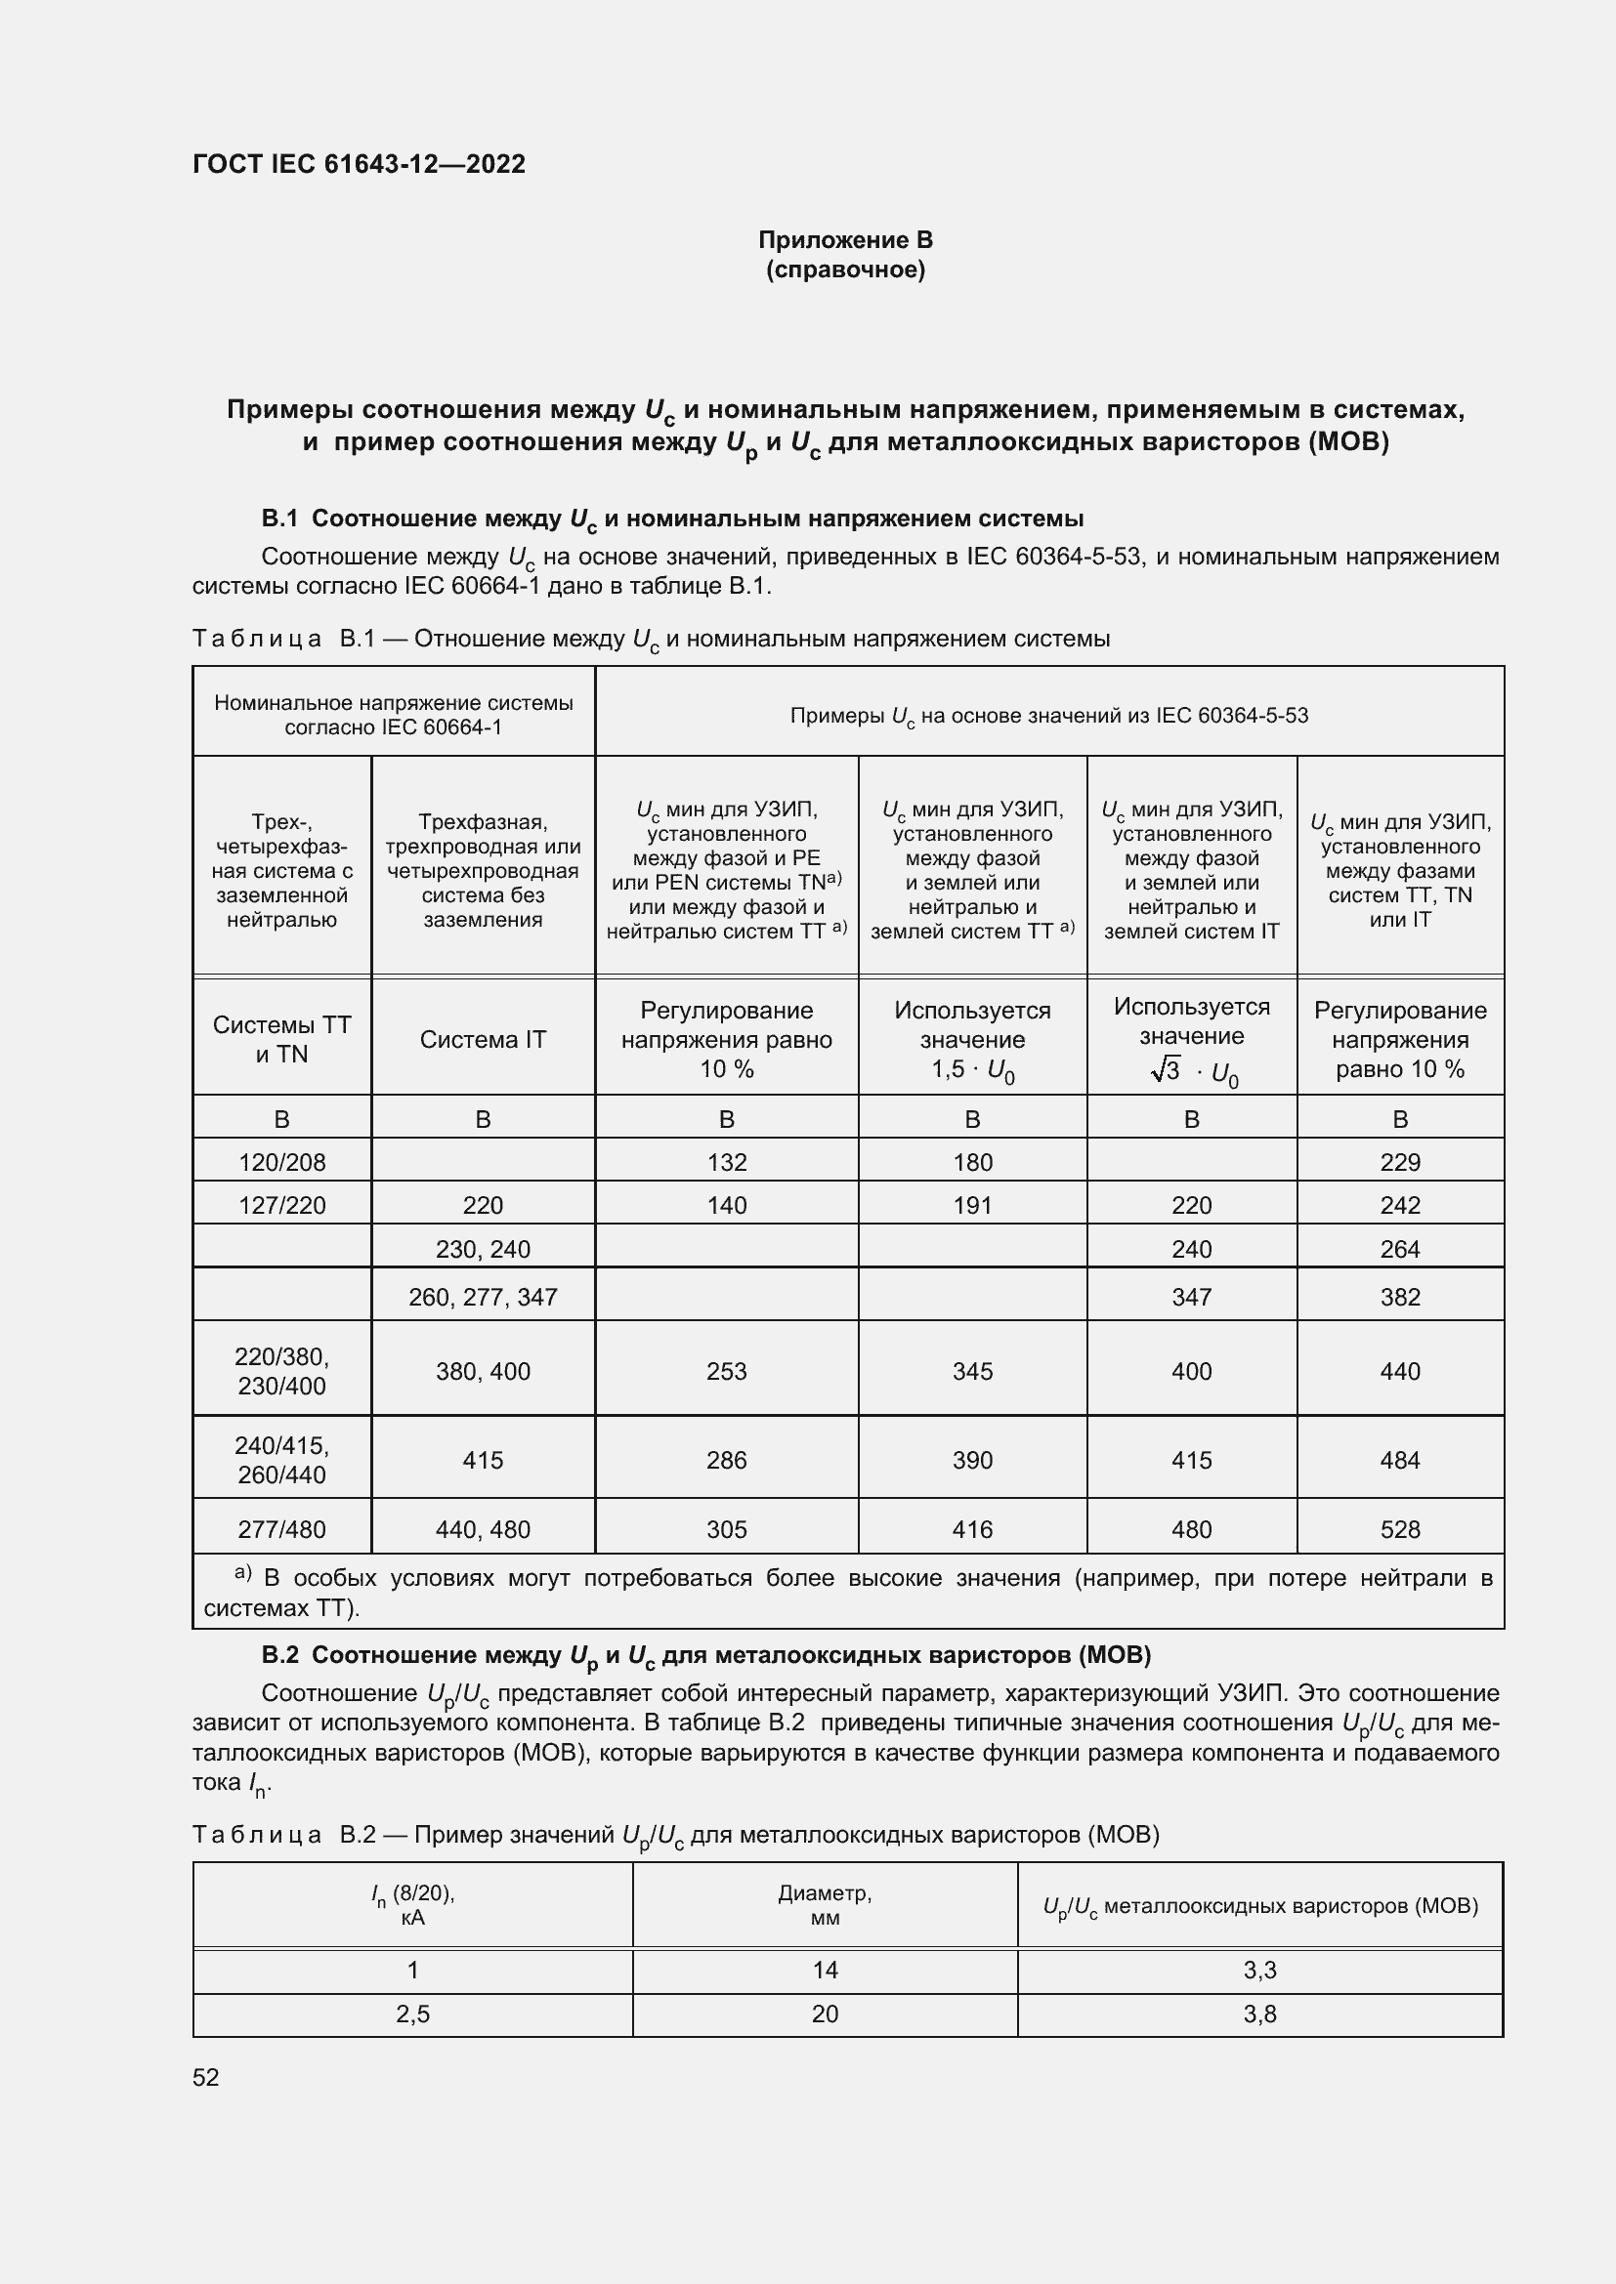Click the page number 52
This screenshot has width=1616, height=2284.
click(206, 2078)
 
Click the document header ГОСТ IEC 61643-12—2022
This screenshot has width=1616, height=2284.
click(359, 164)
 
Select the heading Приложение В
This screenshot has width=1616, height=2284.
click(845, 240)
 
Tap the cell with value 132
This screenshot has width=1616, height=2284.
click(726, 1162)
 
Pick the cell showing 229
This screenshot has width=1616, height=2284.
click(1399, 1162)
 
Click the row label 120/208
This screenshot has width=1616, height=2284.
click(281, 1162)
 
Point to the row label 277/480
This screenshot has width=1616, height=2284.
click(281, 1529)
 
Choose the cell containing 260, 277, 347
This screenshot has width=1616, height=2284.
click(483, 1296)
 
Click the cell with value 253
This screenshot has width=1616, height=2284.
click(726, 1371)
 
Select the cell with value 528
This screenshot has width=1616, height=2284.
click(1399, 1529)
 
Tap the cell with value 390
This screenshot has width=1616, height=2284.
click(972, 1459)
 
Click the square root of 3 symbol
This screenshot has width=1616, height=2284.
click(1166, 1071)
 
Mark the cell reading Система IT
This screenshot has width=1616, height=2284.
click(483, 1040)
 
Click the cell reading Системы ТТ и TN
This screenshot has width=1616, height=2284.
click(281, 1040)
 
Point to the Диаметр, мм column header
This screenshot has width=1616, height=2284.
click(824, 1905)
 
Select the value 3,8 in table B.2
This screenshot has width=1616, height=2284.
click(1258, 2014)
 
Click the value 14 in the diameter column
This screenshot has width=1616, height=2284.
click(824, 1971)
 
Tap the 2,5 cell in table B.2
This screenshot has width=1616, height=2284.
click(413, 2014)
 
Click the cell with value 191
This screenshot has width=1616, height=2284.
click(972, 1205)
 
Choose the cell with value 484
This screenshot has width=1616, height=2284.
click(1399, 1459)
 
